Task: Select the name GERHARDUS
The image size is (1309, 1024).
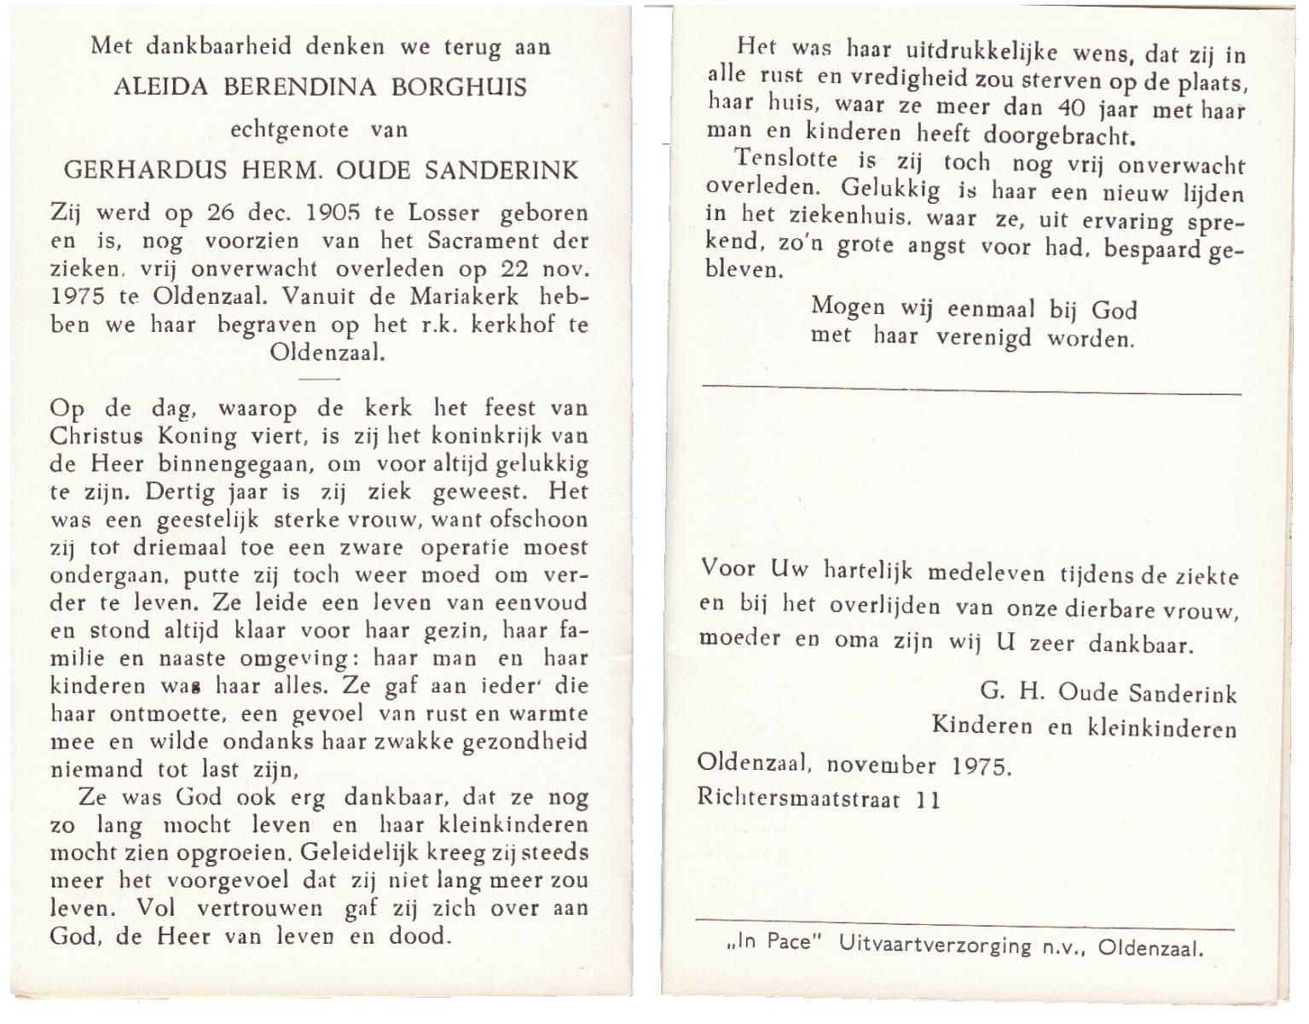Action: coord(145,170)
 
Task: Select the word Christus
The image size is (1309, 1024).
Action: coord(96,436)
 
